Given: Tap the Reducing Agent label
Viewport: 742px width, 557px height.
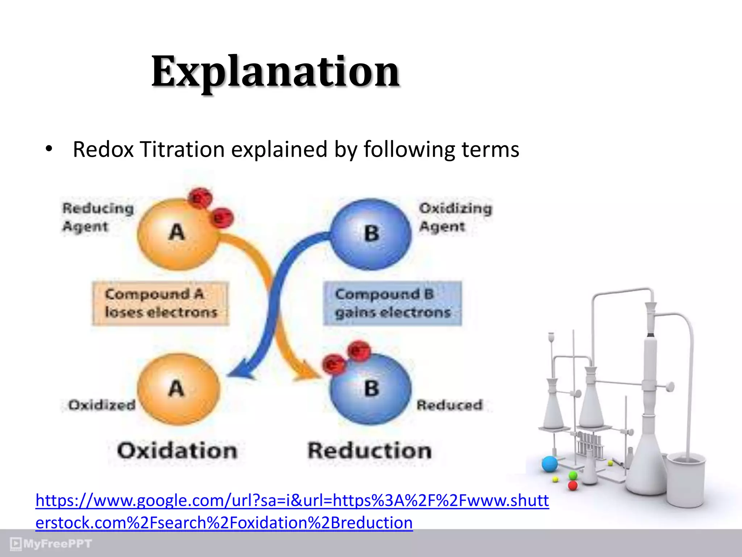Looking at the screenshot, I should (x=98, y=217).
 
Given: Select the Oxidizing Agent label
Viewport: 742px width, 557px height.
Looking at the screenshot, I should (x=455, y=217).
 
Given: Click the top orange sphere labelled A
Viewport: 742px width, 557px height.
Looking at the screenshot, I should (x=177, y=234).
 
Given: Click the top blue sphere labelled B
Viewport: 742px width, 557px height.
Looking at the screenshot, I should (x=371, y=234).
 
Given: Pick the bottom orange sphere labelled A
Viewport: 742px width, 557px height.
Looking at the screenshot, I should (x=177, y=389).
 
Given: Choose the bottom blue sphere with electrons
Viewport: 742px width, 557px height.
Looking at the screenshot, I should (x=371, y=390).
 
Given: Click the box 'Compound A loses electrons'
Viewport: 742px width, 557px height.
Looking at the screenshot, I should (x=161, y=303).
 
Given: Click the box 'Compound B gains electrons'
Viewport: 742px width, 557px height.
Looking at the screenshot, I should (x=392, y=303).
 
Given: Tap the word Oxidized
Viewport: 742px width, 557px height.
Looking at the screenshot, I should (x=102, y=405).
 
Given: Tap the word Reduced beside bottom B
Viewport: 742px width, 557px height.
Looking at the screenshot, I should (x=449, y=405).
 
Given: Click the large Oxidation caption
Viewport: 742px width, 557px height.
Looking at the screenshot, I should (x=177, y=451).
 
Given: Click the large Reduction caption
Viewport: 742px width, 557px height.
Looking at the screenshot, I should (x=370, y=451).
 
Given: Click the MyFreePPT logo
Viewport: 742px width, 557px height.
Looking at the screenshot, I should (x=51, y=544).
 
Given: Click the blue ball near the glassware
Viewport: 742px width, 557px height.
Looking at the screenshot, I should (x=550, y=464).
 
